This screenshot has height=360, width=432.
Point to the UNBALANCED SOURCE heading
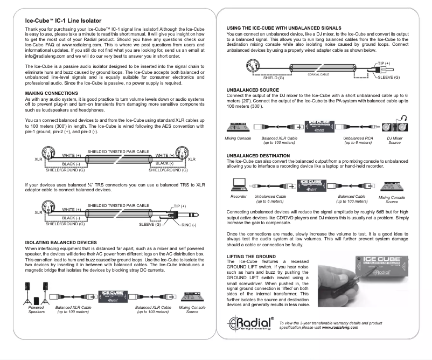(253, 89)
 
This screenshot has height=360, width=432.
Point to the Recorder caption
(238, 197)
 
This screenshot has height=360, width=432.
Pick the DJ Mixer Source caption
(394, 140)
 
